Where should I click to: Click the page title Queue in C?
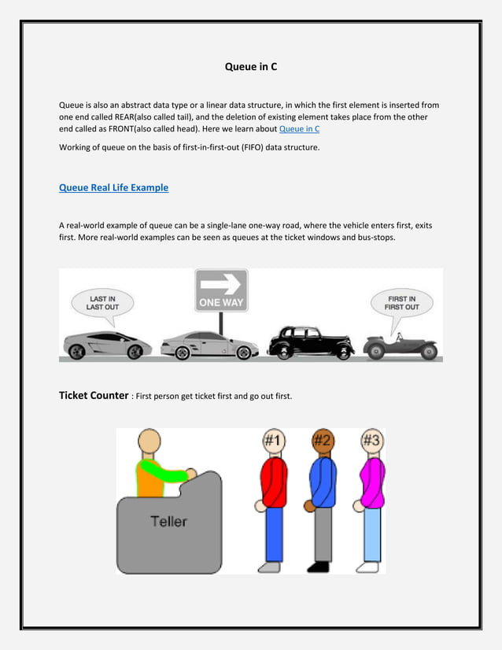[x=251, y=67]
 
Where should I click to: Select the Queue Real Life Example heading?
[x=113, y=188]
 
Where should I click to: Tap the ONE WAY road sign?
[x=221, y=290]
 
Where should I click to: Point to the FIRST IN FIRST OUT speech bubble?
[x=402, y=303]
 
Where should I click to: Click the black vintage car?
[x=311, y=343]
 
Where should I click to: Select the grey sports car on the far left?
[x=107, y=344]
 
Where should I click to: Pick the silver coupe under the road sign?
[x=209, y=345]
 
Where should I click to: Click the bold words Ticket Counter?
[x=94, y=395]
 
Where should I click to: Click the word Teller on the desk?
[x=169, y=521]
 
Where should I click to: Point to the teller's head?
[x=149, y=443]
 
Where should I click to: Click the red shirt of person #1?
[x=274, y=482]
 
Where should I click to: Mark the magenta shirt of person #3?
[x=371, y=482]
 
